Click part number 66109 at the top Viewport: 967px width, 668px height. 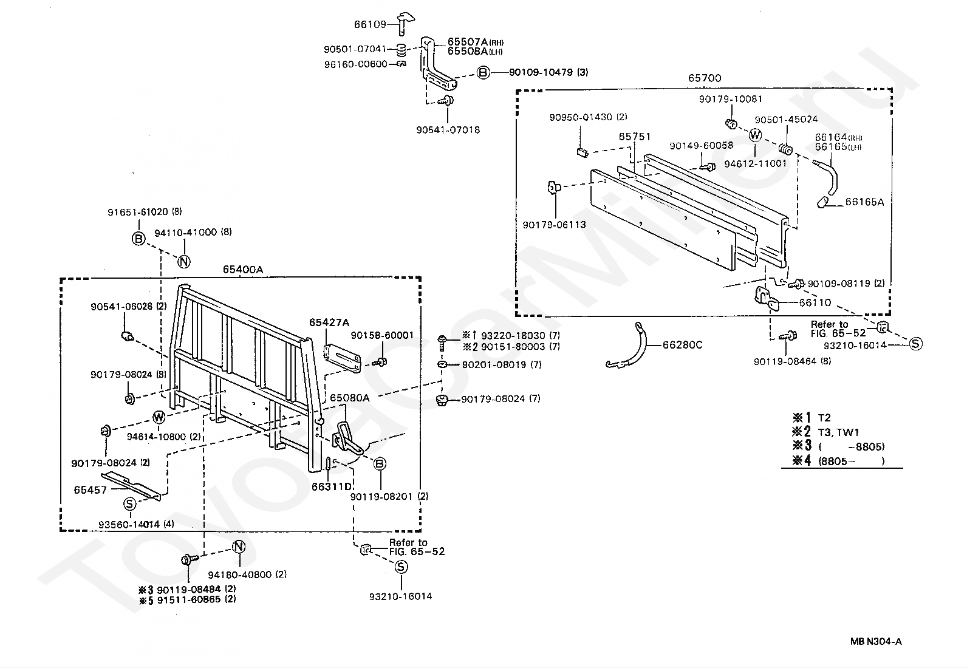coord(370,25)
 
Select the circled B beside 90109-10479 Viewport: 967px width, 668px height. coord(482,73)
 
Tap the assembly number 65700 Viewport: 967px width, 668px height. coord(705,78)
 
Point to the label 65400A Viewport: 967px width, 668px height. coord(242,270)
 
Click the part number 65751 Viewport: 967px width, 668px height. coord(635,137)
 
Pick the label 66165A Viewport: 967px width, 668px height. coord(864,202)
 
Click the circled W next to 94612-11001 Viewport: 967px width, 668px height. coord(755,135)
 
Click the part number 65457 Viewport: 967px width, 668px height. coord(91,489)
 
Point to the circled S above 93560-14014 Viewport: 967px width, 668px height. coord(129,503)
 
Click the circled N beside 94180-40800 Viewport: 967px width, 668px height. coord(239,547)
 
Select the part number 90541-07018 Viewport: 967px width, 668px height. coord(448,130)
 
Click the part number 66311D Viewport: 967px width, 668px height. coord(332,486)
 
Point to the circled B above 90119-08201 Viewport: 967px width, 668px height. coord(379,465)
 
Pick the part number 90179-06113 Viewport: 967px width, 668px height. coord(554,225)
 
